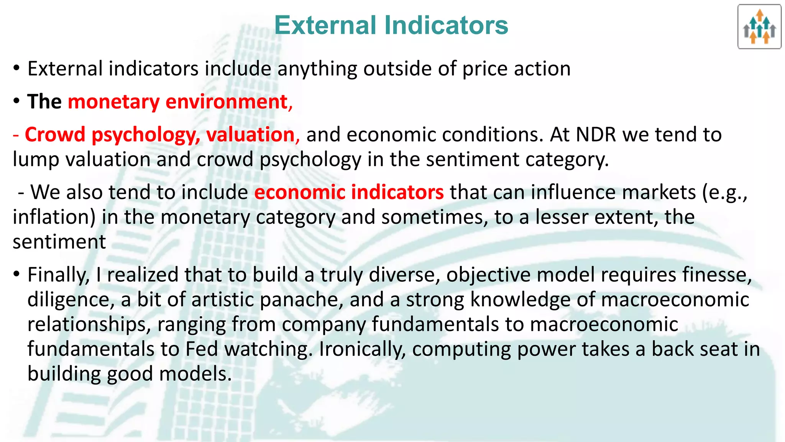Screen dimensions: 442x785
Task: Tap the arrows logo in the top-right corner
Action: click(759, 27)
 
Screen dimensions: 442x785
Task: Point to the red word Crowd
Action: click(55, 135)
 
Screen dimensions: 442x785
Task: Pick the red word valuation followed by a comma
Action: click(251, 135)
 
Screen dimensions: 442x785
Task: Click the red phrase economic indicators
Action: click(349, 192)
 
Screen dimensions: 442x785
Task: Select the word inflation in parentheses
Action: click(54, 217)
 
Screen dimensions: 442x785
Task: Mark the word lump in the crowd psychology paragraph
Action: click(36, 160)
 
